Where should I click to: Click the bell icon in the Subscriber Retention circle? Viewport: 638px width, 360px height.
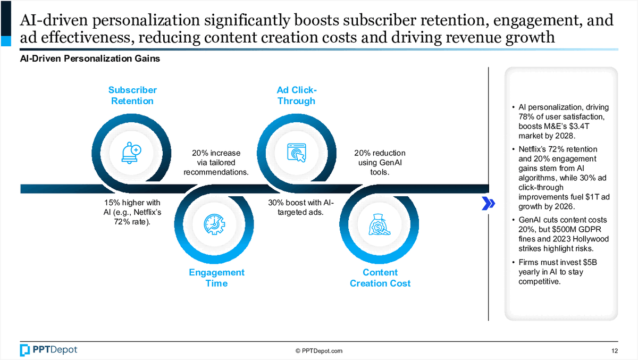coord(132,153)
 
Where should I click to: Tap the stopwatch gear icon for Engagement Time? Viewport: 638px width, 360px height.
coord(214,225)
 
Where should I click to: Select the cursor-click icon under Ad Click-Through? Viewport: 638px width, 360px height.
coord(296,153)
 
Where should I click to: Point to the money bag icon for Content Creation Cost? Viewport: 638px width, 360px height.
coord(379,225)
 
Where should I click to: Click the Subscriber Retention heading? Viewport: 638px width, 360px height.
coord(132,96)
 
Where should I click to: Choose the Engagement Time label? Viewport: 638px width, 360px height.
coord(216,278)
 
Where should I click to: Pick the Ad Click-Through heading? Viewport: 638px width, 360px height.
coord(296,96)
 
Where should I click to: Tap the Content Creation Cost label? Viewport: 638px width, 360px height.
coord(380,278)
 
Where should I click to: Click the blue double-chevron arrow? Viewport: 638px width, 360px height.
coord(488,203)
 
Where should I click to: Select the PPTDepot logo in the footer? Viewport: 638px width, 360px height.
coord(48,350)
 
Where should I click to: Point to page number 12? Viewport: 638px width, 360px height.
coord(615,350)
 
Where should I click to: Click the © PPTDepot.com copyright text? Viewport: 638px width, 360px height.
coord(319,350)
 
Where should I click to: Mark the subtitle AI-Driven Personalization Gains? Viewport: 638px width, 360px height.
coord(90,59)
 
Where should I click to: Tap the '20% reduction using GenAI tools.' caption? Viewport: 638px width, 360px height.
coord(380,163)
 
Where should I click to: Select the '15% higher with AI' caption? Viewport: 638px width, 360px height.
coord(132,212)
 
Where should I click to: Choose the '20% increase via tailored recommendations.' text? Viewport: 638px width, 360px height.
coord(216,163)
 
